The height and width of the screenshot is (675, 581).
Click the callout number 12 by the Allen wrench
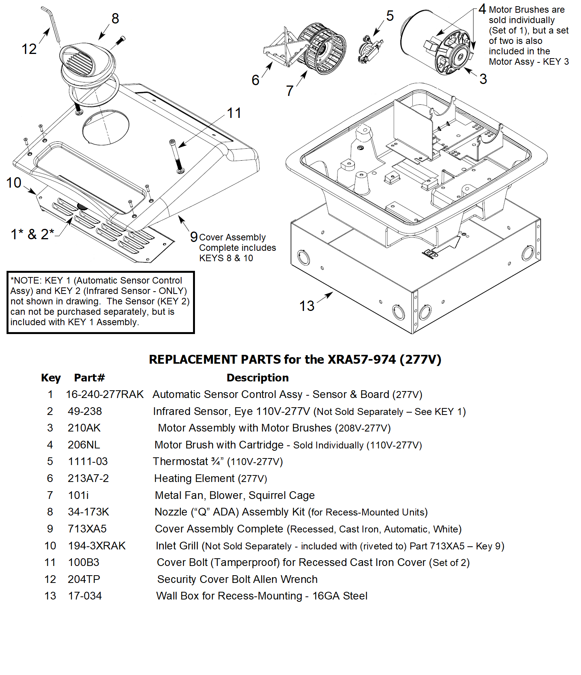click(x=29, y=49)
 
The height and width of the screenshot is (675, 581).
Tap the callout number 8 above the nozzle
click(x=115, y=18)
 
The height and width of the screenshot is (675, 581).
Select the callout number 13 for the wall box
click(x=307, y=306)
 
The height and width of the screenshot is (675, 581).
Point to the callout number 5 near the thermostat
click(x=390, y=16)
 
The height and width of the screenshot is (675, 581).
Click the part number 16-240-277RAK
click(x=104, y=395)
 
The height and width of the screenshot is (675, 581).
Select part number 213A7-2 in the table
click(x=88, y=479)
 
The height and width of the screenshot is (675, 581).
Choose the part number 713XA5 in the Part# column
click(x=87, y=529)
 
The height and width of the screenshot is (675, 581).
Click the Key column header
click(x=51, y=378)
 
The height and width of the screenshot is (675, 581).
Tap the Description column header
click(x=257, y=378)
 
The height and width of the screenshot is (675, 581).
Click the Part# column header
click(x=89, y=378)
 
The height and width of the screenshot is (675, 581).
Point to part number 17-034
click(x=85, y=596)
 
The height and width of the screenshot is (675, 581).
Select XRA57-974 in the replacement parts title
click(x=361, y=359)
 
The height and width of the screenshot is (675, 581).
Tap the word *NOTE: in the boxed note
click(x=26, y=280)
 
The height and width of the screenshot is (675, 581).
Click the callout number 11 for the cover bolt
click(x=234, y=113)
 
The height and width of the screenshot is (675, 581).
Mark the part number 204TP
click(x=84, y=579)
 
